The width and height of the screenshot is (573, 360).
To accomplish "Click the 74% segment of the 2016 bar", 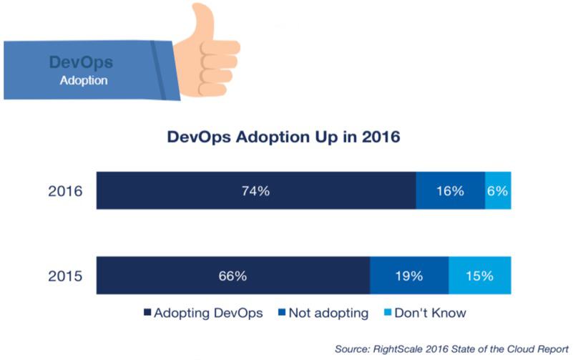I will pos(256,191).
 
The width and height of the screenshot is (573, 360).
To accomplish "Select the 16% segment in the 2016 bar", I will pos(450,191).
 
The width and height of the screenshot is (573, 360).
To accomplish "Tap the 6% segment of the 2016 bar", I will pos(498,191).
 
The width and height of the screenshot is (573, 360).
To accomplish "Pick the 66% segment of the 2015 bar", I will pos(232,275).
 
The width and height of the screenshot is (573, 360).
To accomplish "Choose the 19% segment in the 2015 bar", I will pos(408,275).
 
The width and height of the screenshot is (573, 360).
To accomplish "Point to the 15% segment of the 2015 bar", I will pos(480,275).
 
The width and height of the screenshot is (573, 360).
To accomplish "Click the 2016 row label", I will pos(67,191).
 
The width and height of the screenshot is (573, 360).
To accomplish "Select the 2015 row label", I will pos(67,275).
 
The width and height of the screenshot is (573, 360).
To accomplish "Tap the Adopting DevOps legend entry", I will pos(201,313).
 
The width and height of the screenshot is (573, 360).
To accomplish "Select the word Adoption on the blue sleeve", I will pos(84,80).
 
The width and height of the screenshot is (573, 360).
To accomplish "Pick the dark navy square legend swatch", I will pos(148,313).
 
